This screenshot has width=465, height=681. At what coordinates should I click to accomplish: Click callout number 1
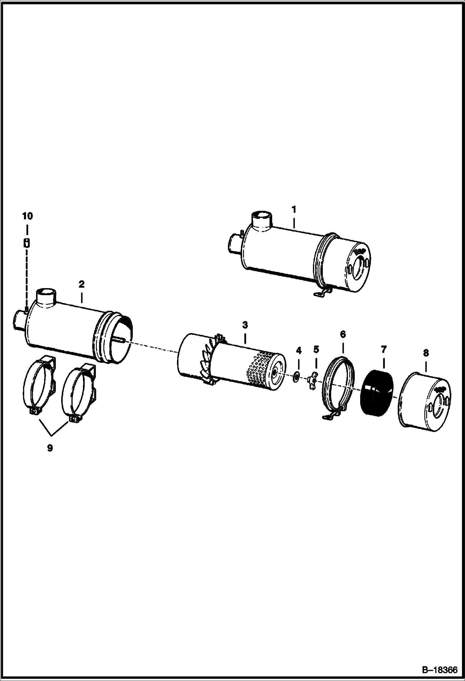click(293, 210)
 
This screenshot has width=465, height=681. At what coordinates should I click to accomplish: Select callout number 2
click(81, 284)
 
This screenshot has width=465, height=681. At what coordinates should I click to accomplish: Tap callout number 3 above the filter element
click(245, 325)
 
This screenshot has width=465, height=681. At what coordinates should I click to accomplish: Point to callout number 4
click(299, 351)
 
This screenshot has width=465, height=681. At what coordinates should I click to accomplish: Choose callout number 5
click(316, 349)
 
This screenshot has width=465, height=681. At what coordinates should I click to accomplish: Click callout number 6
click(343, 334)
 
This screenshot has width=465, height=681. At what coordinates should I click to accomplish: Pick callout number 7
click(383, 350)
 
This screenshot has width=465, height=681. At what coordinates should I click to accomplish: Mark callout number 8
click(426, 353)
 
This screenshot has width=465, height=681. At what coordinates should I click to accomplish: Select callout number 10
click(27, 216)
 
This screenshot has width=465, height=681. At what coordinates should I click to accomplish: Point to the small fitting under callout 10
click(27, 243)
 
